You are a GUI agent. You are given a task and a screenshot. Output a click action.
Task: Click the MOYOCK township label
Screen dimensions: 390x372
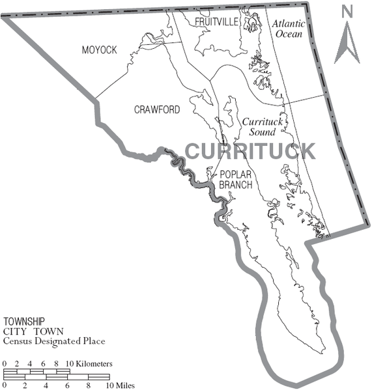pyautogui.click(x=100, y=50)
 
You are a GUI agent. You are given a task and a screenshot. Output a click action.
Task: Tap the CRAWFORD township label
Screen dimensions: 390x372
pyautogui.click(x=157, y=109)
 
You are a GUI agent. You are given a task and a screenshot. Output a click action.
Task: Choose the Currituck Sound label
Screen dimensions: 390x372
pyautogui.click(x=261, y=126)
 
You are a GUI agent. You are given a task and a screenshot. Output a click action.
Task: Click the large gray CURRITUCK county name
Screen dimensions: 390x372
pyautogui.click(x=250, y=151)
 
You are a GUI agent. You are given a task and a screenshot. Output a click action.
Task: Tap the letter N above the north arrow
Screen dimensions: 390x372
pyautogui.click(x=347, y=11)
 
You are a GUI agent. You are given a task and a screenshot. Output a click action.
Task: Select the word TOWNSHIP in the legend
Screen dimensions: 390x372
pyautogui.click(x=24, y=322)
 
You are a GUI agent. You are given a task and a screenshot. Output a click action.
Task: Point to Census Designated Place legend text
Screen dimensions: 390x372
pyautogui.click(x=54, y=341)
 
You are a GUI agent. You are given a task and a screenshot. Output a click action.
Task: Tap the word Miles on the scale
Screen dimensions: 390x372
pyautogui.click(x=124, y=386)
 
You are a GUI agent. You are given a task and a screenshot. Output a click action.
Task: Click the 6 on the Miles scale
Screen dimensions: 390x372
pyautogui.click(x=67, y=386)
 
